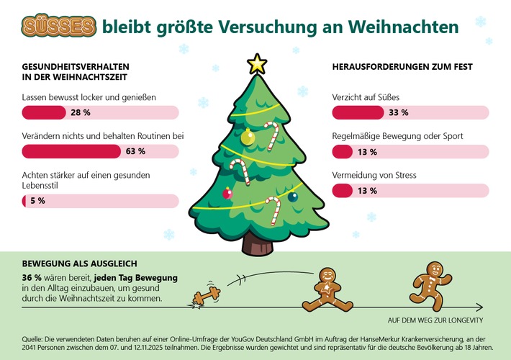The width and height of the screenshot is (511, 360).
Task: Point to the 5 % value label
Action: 37,201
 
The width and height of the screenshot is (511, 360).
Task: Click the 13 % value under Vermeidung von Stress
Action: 367,191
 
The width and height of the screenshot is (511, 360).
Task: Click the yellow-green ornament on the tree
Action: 247,137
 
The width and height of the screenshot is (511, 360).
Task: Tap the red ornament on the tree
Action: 227,193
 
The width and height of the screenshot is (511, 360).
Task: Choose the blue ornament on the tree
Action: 292,196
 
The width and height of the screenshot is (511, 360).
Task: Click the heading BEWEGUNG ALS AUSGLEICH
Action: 80,264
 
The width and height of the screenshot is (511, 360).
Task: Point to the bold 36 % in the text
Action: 32,278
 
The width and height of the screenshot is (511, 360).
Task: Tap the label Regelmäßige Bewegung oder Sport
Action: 397,136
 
